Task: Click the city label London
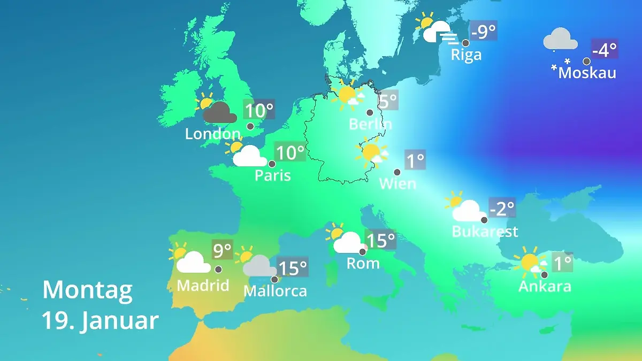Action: click(x=212, y=134)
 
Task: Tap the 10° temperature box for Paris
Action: click(x=289, y=153)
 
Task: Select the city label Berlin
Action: click(x=370, y=124)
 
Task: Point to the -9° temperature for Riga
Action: click(x=484, y=32)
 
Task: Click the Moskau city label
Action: click(x=587, y=73)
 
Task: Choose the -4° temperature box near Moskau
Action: click(x=605, y=50)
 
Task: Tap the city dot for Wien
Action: click(x=397, y=172)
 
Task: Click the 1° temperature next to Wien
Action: click(x=415, y=160)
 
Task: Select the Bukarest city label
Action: click(x=485, y=232)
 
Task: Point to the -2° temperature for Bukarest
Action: click(x=502, y=208)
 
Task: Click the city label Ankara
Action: click(x=545, y=286)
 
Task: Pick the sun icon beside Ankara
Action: click(x=530, y=262)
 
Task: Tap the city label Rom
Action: click(x=363, y=263)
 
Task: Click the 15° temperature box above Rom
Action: click(x=380, y=240)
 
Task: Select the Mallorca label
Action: click(x=275, y=291)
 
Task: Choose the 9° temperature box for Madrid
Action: click(x=223, y=250)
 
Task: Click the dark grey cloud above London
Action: click(x=219, y=113)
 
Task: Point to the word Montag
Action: click(x=87, y=290)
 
